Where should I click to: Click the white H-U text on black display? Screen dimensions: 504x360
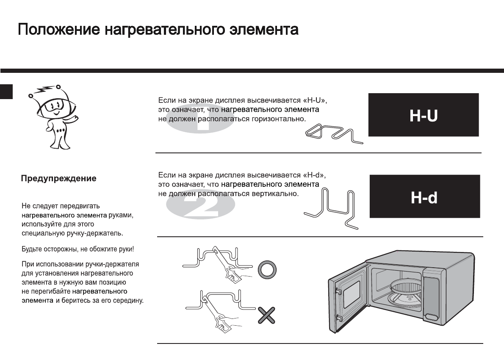(x=423, y=115)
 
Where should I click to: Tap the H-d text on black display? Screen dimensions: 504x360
(x=424, y=197)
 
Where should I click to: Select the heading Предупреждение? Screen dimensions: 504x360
(x=59, y=179)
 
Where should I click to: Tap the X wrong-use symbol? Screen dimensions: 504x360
(x=266, y=316)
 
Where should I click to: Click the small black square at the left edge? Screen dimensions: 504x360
(x=6, y=91)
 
